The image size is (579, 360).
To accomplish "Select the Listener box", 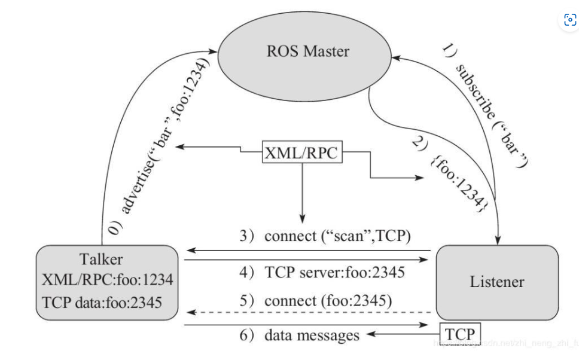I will pyautogui.click(x=497, y=282).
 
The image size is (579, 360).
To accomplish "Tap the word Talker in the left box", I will pyautogui.click(x=101, y=259).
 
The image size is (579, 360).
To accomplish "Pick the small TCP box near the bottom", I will pyautogui.click(x=460, y=334).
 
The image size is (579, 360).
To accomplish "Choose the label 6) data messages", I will pyautogui.click(x=300, y=335).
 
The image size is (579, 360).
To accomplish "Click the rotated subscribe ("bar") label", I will pyautogui.click(x=487, y=102).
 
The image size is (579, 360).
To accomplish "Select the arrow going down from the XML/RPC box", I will pyautogui.click(x=302, y=191).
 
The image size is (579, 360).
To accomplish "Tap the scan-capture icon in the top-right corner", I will pyautogui.click(x=569, y=19).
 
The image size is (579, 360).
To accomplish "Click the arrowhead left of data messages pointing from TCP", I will pyautogui.click(x=373, y=334).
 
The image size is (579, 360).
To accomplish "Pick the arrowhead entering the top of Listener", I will pyautogui.click(x=497, y=240).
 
